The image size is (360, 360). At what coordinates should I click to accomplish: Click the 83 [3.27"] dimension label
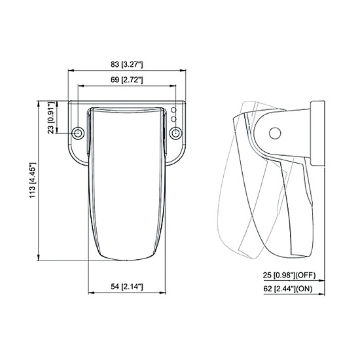(127, 65)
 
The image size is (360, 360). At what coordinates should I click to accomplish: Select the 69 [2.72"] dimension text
(127, 80)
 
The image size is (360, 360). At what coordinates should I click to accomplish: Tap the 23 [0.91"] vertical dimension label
(52, 118)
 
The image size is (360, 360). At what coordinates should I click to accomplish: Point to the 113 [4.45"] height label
(33, 180)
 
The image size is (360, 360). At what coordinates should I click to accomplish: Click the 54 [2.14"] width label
(127, 287)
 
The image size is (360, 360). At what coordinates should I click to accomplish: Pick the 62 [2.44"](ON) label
(288, 289)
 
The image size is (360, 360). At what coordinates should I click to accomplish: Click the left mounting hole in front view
(78, 133)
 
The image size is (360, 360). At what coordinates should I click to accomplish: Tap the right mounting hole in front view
(175, 133)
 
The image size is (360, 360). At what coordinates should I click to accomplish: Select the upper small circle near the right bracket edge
(174, 110)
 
